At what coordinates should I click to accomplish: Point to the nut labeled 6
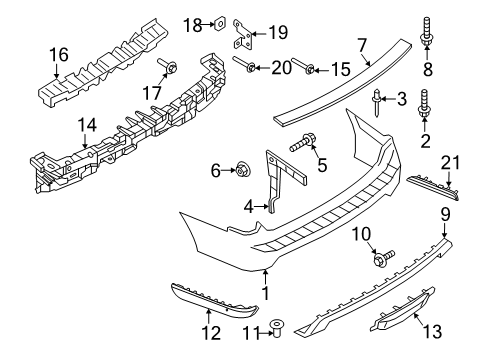(242, 171)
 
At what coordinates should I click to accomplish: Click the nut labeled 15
(311, 69)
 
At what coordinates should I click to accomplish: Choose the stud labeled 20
(247, 69)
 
